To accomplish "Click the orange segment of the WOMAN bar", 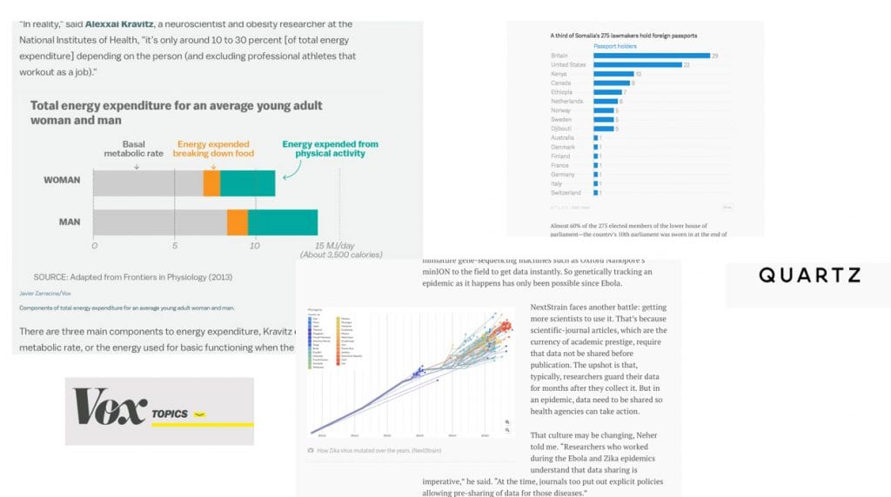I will (211, 183).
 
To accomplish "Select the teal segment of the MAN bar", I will (282, 222).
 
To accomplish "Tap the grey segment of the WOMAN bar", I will (148, 183).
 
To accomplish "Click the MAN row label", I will (70, 222).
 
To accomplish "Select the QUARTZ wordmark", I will (809, 275).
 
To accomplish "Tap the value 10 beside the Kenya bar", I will (639, 74).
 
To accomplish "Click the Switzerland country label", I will (566, 192).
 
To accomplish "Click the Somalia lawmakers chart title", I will (624, 35).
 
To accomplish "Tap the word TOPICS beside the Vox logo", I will (169, 414).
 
